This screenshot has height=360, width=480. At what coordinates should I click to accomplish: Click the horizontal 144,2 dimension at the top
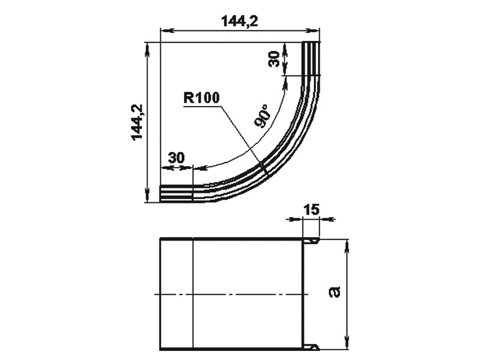point(239,21)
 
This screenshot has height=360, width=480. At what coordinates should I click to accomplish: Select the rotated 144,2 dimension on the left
point(137,122)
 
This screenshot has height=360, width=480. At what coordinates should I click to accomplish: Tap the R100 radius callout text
point(202,98)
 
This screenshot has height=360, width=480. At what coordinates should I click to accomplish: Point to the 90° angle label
point(263,116)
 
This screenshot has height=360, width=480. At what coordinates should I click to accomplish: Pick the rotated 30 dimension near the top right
point(274,59)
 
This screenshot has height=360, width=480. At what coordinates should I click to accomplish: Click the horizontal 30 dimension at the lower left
point(176,158)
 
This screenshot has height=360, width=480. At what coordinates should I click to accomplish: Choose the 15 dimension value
point(311,210)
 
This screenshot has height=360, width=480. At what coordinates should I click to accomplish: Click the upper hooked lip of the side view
point(311,241)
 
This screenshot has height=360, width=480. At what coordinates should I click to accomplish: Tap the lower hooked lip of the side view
point(311,347)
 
